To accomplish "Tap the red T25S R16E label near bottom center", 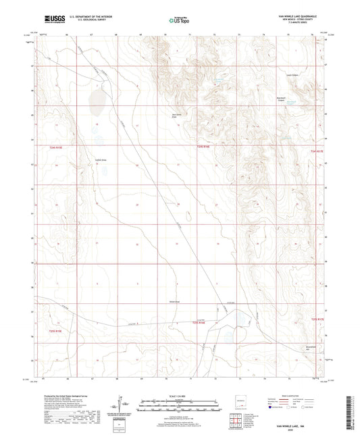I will point(197,323).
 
